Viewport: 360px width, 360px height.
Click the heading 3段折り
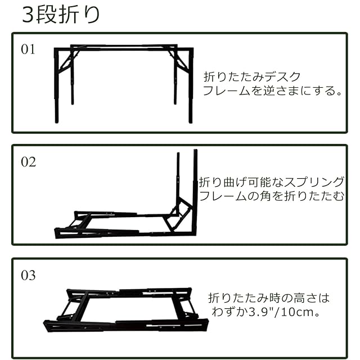[x=61, y=14]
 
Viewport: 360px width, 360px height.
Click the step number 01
[x=28, y=49]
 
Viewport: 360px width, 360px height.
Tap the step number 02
[x=28, y=162]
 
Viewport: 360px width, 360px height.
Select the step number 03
[x=28, y=276]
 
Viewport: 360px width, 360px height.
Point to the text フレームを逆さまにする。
[x=272, y=91]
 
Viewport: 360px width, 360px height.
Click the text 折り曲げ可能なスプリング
[x=271, y=182]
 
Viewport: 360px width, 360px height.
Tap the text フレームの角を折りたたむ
[x=271, y=196]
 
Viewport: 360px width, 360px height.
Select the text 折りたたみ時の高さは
[x=268, y=297]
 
